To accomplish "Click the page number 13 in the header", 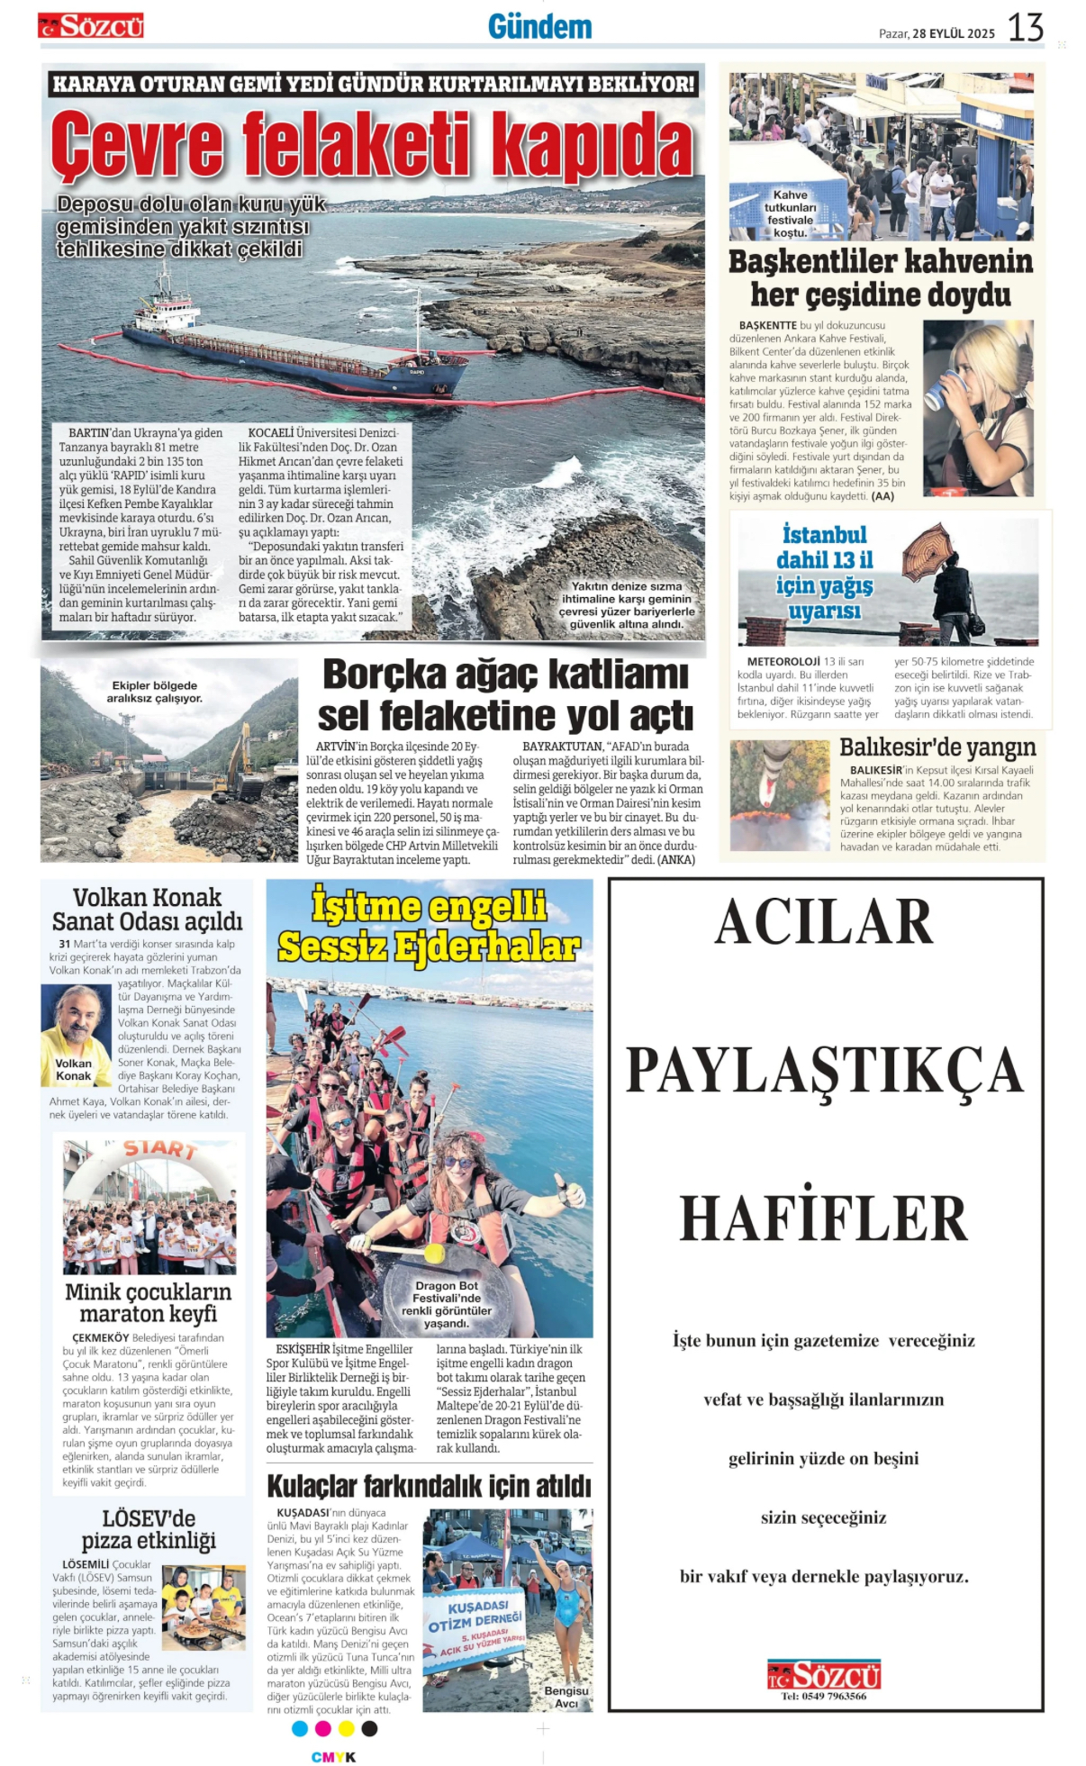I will [1025, 28].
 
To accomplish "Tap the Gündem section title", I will [539, 27].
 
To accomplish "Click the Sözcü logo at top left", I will [91, 25].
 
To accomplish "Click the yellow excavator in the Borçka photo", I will [236, 761].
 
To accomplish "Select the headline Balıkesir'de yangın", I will [937, 747].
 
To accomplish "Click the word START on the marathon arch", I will [159, 1149].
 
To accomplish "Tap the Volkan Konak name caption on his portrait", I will [74, 1069].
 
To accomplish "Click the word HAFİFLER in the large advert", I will [823, 1218].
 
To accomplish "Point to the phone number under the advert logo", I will [823, 1696].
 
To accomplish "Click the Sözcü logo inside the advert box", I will [823, 1674].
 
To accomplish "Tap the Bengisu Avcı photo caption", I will [566, 1697].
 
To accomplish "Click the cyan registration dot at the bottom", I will [300, 1728].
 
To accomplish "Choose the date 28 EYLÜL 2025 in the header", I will [953, 33].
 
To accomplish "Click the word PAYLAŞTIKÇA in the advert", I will [823, 1070].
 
